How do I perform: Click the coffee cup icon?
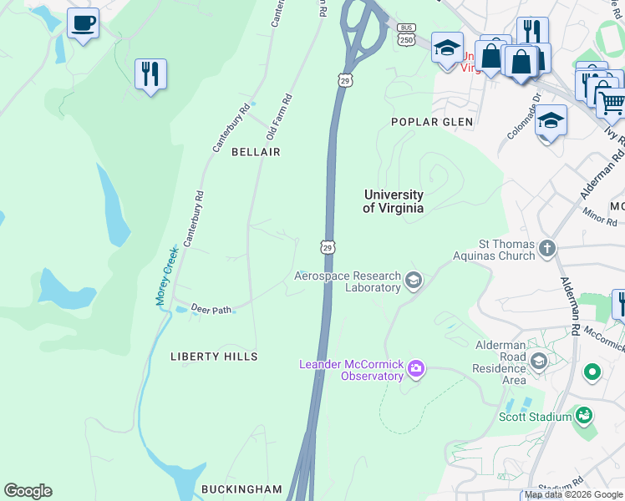point(83,23)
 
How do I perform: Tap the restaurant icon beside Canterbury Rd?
point(150,74)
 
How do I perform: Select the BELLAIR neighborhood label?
point(256,152)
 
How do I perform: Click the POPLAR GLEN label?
point(432,122)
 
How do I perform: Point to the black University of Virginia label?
point(393,201)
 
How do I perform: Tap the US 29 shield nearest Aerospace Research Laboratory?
point(328,247)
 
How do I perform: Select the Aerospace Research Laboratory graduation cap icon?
point(413,280)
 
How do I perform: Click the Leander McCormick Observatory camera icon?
point(415,368)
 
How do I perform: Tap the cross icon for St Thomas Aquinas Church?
point(546,248)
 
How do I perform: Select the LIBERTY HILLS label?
point(214,357)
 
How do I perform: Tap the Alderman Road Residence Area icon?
point(539,361)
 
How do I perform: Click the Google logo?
point(28,491)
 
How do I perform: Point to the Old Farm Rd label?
point(278,117)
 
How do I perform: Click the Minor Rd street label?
point(600,217)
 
